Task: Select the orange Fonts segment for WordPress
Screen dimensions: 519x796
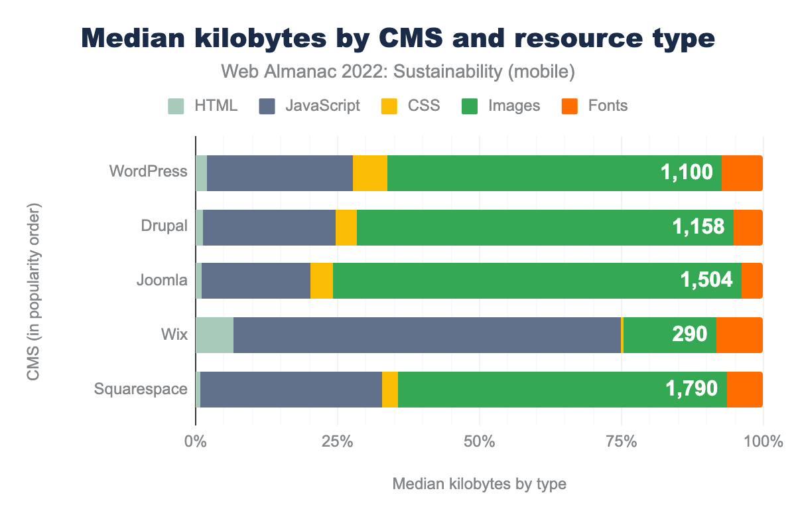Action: pos(742,173)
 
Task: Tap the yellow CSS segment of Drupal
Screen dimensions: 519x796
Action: pos(346,227)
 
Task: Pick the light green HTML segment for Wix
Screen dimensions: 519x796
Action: pos(214,334)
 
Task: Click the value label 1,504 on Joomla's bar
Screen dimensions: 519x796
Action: pos(706,280)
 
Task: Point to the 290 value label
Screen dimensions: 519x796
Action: pos(690,334)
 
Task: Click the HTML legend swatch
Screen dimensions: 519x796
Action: pos(176,106)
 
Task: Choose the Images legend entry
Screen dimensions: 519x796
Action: pos(514,106)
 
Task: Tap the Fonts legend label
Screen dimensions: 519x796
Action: pos(608,106)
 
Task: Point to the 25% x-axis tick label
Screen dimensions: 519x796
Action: pos(337,441)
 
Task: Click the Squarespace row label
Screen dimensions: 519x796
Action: pos(141,389)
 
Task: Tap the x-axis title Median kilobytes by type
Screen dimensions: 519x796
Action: pos(479,484)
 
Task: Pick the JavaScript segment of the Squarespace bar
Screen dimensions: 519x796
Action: pos(291,389)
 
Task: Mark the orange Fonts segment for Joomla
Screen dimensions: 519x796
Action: pos(752,280)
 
